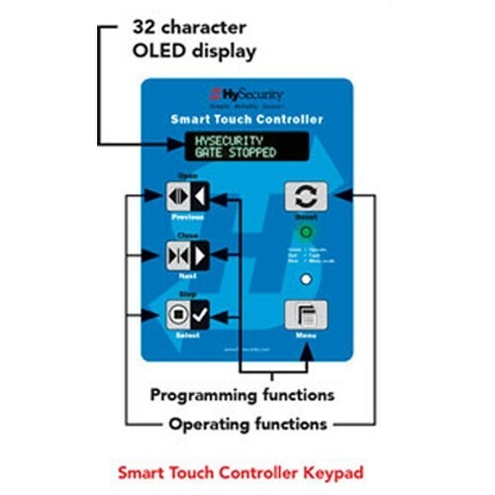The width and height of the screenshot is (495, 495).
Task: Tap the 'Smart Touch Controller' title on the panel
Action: coord(247,120)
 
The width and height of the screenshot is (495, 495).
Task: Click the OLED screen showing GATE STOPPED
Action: coord(247,147)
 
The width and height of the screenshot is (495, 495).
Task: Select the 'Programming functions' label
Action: coord(242,395)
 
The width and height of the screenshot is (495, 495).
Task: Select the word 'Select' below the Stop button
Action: coord(186,338)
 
